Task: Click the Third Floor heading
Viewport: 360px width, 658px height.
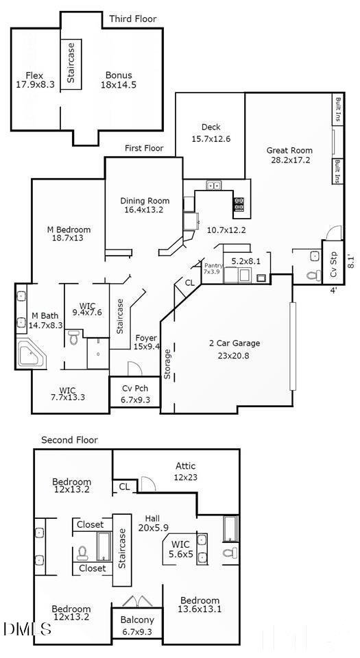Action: click(x=132, y=19)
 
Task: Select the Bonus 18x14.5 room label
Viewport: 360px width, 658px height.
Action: click(x=119, y=80)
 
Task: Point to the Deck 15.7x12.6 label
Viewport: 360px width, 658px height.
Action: click(x=211, y=133)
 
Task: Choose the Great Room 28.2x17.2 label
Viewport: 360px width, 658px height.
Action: click(x=289, y=156)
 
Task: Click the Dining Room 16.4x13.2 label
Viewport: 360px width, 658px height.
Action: click(x=145, y=206)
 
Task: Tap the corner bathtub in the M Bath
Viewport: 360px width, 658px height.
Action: click(x=29, y=355)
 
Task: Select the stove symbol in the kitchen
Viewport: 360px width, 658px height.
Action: click(x=240, y=203)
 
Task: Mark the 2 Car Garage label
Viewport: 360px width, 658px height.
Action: click(x=234, y=349)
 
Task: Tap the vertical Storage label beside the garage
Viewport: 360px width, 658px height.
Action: click(x=168, y=364)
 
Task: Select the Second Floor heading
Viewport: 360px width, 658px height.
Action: click(x=69, y=440)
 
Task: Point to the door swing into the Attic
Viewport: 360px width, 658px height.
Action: click(x=147, y=483)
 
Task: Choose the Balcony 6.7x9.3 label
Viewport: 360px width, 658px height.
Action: click(x=138, y=626)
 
